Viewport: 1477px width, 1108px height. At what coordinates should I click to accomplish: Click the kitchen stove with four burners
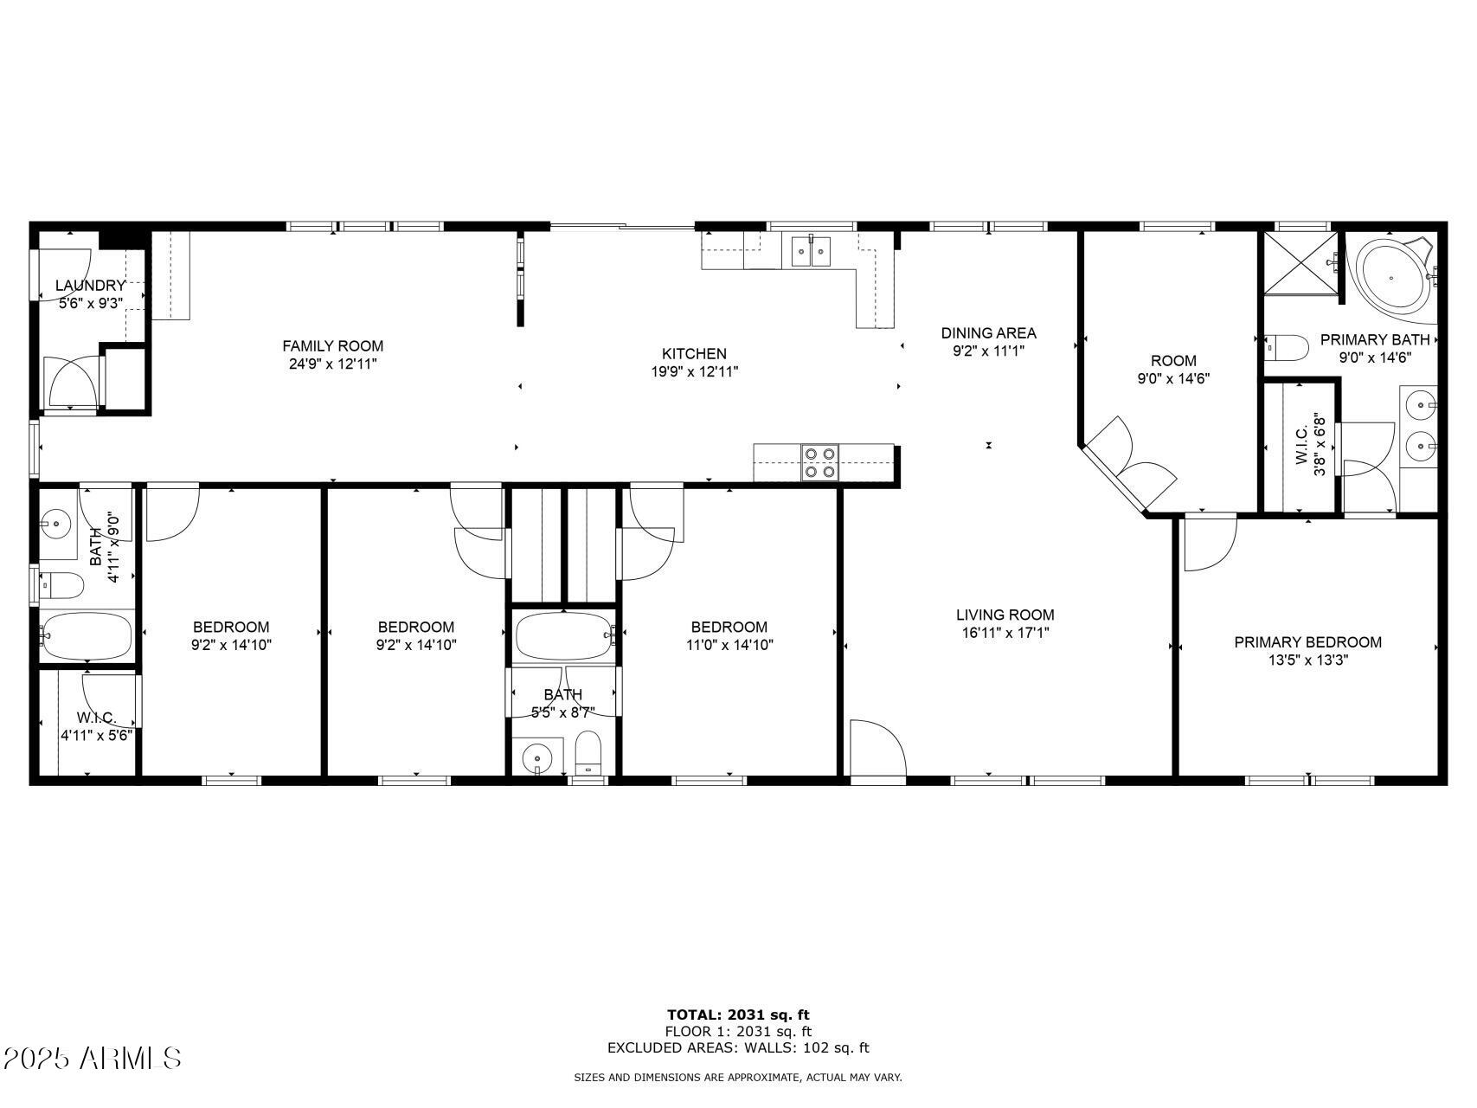(819, 462)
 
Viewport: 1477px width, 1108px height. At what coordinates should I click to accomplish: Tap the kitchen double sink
(811, 252)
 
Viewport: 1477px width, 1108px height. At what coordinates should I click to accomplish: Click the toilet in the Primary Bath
(1286, 348)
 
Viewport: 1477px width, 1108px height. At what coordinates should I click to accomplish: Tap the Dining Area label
(988, 333)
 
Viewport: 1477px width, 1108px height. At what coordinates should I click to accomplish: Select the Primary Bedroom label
(1307, 642)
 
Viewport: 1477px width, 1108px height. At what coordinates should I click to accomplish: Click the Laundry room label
(90, 286)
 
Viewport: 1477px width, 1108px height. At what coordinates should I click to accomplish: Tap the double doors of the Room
(1129, 461)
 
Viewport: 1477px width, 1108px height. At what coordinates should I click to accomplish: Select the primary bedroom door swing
(1208, 542)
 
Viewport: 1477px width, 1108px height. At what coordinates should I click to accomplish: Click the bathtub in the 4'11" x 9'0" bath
(87, 636)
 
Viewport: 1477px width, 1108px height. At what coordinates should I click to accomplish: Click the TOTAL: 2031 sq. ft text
(738, 1015)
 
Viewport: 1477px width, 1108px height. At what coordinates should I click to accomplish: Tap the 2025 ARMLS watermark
(92, 1058)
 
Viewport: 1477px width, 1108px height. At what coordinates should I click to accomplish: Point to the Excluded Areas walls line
(738, 1048)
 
